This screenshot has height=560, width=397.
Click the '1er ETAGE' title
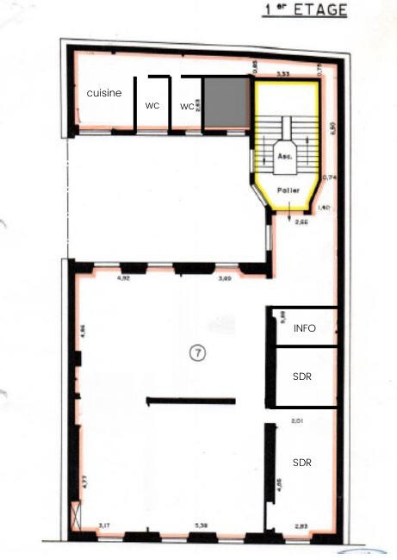(x=304, y=10)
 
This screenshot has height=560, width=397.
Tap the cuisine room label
(x=104, y=93)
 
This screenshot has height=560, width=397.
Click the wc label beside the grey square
(x=186, y=106)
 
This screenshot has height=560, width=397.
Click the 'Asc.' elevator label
(x=284, y=158)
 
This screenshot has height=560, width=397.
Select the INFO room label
(x=305, y=328)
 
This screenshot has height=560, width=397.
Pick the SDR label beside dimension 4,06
(x=301, y=463)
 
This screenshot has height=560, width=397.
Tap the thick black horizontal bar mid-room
(x=190, y=401)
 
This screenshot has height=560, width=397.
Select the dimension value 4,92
(x=122, y=278)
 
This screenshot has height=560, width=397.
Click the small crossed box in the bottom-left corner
(x=80, y=520)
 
